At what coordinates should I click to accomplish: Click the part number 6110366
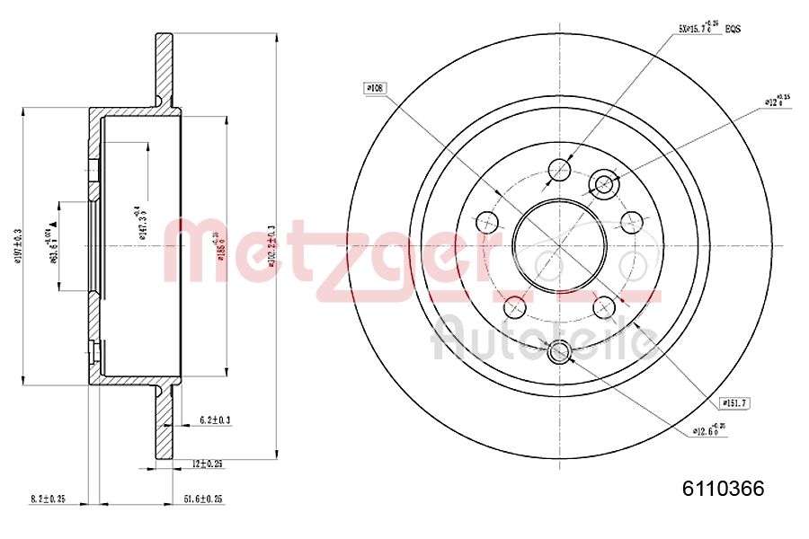[x=723, y=489]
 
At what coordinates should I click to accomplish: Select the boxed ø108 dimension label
[x=374, y=88]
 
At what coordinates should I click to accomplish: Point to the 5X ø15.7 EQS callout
[x=709, y=29]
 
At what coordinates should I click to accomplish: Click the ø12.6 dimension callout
[x=707, y=430]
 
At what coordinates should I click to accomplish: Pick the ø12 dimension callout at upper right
[x=776, y=102]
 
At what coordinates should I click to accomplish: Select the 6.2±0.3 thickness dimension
[x=214, y=420]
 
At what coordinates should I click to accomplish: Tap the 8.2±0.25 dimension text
[x=49, y=498]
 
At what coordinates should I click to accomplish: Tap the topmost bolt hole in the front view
[x=559, y=170]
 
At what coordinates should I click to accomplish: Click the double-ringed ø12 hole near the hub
[x=603, y=184]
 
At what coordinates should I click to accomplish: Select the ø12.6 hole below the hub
[x=558, y=352]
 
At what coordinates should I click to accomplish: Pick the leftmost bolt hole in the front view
[x=487, y=221]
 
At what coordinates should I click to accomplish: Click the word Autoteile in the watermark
[x=544, y=339]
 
